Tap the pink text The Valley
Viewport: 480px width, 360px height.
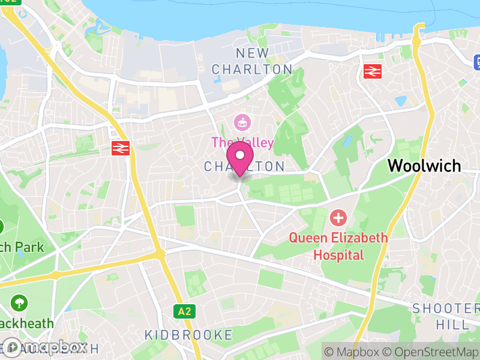click(x=242, y=143)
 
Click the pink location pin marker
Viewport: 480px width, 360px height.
click(x=240, y=157)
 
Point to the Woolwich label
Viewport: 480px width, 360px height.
click(x=424, y=166)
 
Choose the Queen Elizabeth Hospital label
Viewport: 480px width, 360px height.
click(x=338, y=246)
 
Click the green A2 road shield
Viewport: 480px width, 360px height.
click(x=184, y=311)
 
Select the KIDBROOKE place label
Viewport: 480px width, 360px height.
click(x=188, y=335)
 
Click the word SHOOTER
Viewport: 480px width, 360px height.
click(x=446, y=308)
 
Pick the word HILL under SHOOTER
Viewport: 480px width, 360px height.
click(x=453, y=325)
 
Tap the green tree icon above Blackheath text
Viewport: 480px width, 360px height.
click(x=19, y=302)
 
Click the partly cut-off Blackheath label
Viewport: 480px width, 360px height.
click(x=26, y=323)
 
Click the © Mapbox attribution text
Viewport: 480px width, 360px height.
click(x=353, y=351)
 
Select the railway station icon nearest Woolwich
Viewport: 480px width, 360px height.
click(x=373, y=72)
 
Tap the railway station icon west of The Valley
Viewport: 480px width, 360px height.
click(x=121, y=148)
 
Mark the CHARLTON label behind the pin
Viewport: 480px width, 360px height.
click(x=244, y=166)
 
